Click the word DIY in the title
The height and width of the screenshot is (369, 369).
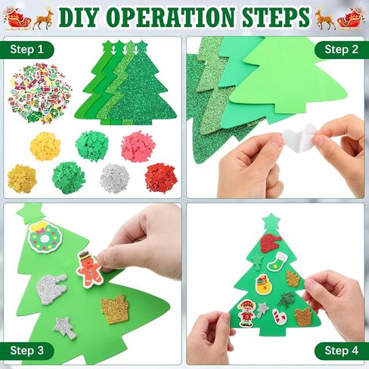[x=78, y=17]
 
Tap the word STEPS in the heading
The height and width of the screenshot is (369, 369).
[x=276, y=17]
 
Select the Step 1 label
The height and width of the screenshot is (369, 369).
[x=27, y=49]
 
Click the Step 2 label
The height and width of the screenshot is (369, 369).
[x=341, y=49]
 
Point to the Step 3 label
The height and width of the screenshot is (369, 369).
[x=27, y=351]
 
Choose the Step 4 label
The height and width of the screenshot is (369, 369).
[x=341, y=351]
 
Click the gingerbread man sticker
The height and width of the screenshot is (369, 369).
[x=90, y=269]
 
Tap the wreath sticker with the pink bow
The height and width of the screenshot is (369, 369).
[x=45, y=237]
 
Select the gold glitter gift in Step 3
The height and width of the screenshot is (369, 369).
[x=115, y=309]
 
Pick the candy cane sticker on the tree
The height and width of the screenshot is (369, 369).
[x=279, y=317]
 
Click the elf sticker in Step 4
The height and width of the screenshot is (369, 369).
[x=247, y=314]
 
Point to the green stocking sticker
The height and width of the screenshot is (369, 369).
[x=277, y=262]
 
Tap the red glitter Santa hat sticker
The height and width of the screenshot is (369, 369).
[x=270, y=243]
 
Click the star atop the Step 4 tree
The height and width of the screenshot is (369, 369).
[x=271, y=222]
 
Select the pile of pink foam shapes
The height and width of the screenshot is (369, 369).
[x=138, y=147]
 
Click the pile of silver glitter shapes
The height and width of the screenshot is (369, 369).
[x=115, y=178]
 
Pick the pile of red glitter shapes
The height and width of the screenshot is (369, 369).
[x=160, y=178]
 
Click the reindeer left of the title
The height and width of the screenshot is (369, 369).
[x=43, y=19]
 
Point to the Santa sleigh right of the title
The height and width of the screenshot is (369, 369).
[x=352, y=18]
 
